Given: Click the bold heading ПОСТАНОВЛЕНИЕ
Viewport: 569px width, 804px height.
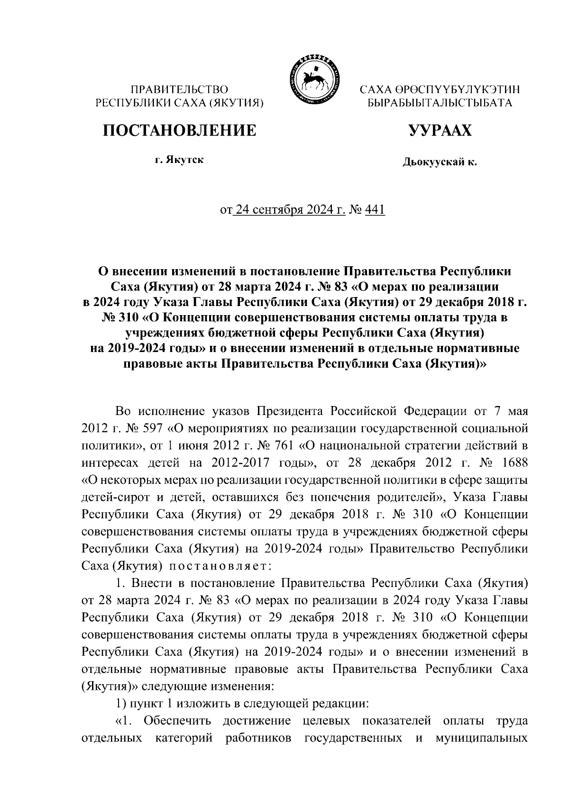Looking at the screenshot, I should tap(180, 130).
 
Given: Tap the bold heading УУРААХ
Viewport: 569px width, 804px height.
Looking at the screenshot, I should tap(441, 130).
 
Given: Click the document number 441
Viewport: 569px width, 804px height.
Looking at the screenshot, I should tap(375, 209).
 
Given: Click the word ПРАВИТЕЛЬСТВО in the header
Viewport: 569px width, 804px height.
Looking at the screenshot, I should tap(180, 89).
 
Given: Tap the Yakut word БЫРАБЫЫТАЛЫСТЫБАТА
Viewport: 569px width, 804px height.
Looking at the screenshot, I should tap(440, 102).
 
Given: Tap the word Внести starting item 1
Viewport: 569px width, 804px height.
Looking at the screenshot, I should tap(151, 582).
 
